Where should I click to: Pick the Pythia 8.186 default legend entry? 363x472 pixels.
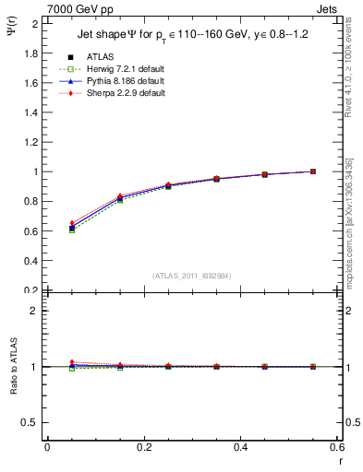tap(121, 81)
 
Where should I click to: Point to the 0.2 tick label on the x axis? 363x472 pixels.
tap(143, 447)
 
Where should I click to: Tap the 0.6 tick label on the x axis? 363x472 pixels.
tap(337, 447)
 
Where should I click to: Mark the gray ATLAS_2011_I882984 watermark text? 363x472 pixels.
tap(191, 276)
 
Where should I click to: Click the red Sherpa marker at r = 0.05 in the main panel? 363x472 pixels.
tap(71, 223)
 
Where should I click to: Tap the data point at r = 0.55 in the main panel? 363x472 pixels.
tap(313, 171)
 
